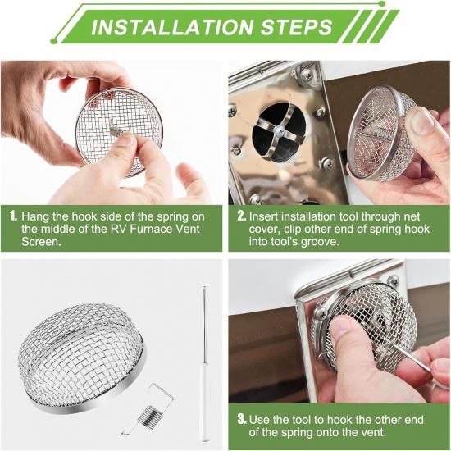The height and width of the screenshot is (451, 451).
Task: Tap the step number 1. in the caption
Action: (13, 215)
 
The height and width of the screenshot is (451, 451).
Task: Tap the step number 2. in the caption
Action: (241, 215)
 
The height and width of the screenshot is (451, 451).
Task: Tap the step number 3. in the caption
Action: (241, 419)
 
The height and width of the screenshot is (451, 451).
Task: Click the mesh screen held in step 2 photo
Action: (380, 134)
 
